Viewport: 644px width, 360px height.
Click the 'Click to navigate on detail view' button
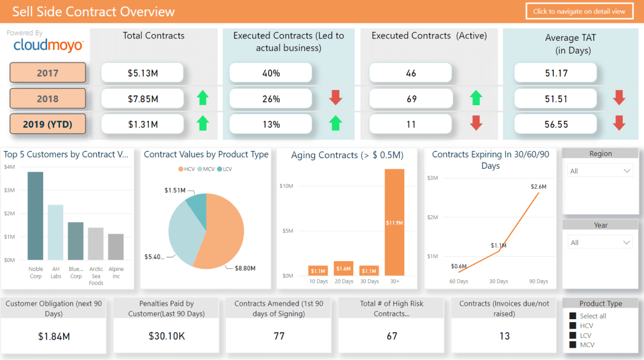click(x=579, y=11)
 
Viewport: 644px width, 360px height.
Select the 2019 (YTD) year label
click(x=48, y=124)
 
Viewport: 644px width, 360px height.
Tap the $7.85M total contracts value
click(x=143, y=99)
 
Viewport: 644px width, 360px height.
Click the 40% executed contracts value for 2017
click(x=271, y=73)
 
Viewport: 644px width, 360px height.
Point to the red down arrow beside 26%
click(x=335, y=98)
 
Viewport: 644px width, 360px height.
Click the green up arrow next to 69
click(x=476, y=98)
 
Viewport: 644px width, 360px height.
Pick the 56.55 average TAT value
click(x=556, y=125)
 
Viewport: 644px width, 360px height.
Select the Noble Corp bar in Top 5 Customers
click(x=35, y=216)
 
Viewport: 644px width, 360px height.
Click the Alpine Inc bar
click(x=116, y=247)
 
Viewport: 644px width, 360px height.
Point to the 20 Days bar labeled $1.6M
click(x=343, y=268)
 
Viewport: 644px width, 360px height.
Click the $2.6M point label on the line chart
click(x=538, y=186)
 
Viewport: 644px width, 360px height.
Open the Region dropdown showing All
click(x=600, y=171)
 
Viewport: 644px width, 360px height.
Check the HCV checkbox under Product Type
click(x=572, y=325)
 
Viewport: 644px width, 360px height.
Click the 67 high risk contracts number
click(x=391, y=336)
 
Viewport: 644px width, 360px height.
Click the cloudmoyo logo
click(x=48, y=45)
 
